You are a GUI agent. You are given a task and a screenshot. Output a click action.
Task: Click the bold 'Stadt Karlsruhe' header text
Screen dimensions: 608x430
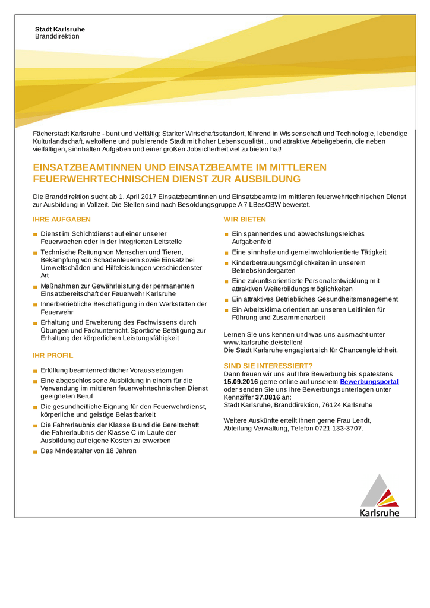pos(59,29)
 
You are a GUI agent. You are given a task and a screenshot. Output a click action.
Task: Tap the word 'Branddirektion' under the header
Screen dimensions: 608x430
pos(57,37)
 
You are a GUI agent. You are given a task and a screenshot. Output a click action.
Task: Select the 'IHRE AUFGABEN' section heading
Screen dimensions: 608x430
pos(61,220)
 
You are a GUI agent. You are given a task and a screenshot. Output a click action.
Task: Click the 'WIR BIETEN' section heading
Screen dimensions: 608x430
pos(244,220)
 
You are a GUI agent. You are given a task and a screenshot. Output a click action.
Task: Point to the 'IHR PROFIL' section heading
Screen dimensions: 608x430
pos(53,356)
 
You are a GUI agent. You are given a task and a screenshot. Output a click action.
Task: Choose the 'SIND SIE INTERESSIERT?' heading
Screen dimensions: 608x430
pos(268,366)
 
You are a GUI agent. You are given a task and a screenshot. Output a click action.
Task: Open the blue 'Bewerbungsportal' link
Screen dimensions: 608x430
pos(369,382)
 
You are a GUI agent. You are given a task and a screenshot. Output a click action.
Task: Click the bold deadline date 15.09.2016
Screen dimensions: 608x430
pos(241,382)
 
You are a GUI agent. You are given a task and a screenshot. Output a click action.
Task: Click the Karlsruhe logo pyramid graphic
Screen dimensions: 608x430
pos(380,491)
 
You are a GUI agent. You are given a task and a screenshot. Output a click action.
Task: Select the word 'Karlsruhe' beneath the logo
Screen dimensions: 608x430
pos(380,512)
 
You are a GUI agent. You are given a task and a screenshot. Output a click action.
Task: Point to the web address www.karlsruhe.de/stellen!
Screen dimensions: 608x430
pos(263,343)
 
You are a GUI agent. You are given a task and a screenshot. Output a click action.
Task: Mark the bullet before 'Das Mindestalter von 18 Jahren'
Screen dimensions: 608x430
pos(36,452)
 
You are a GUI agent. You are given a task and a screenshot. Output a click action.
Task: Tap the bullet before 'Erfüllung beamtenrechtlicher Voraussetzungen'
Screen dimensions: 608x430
pos(36,371)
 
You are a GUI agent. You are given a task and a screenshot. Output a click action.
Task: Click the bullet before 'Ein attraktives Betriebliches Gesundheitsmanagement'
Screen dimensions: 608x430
pos(226,300)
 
